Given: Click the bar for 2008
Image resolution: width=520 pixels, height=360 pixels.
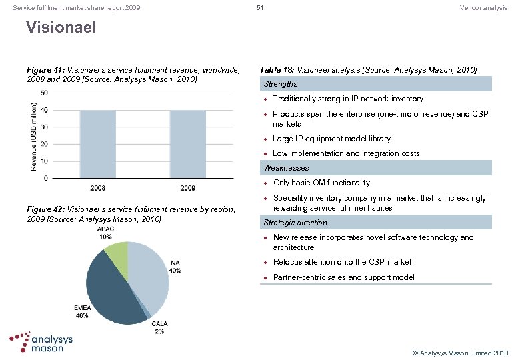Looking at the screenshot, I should point(97,144).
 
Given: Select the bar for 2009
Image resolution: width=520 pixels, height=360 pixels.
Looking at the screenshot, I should point(188,144).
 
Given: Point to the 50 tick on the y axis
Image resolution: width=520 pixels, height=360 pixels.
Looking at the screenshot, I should point(43,93).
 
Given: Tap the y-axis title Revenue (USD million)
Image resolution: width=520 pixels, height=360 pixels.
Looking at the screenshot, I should point(34,135).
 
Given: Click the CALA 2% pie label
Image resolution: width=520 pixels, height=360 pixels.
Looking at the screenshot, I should point(160,327).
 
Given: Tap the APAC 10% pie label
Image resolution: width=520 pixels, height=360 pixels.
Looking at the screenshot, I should point(105,233).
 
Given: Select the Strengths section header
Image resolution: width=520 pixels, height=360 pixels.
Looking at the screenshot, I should point(281,84).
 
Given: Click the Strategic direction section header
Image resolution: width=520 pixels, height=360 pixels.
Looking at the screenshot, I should point(295,223).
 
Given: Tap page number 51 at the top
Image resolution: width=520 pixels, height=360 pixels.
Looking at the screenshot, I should point(260,7).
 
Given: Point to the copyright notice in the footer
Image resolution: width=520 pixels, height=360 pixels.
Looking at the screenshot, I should point(460,352).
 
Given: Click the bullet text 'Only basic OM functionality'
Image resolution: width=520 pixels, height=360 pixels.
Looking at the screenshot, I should point(321,183).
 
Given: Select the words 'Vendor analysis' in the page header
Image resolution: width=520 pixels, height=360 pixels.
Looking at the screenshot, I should point(483,7).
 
